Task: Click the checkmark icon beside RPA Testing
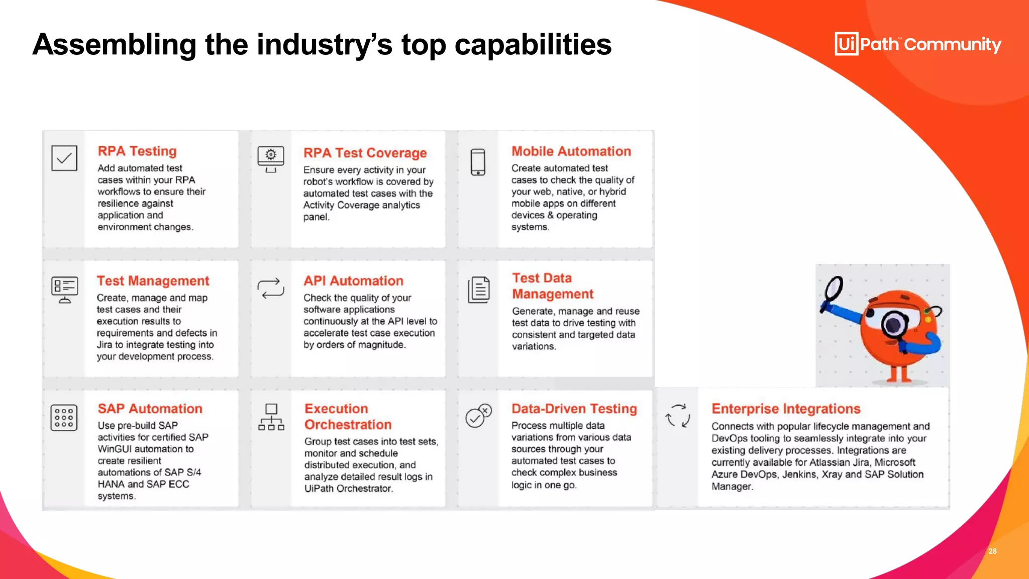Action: (x=64, y=158)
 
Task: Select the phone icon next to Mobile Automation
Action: (x=478, y=162)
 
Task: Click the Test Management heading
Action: (x=153, y=280)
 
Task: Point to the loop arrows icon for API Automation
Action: (x=271, y=288)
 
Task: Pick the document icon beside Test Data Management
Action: (x=479, y=290)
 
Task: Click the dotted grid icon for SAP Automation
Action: (x=64, y=418)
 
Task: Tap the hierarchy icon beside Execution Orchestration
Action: (x=271, y=417)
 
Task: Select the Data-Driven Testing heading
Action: (x=574, y=409)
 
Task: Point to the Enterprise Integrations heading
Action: (x=786, y=409)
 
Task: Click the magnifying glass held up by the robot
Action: (x=834, y=288)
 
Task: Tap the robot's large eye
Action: (x=894, y=324)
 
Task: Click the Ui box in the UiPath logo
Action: (x=846, y=44)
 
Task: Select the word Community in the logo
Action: (x=953, y=44)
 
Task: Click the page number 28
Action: (x=992, y=551)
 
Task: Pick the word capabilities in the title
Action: (x=533, y=44)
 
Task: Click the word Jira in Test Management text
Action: (x=105, y=345)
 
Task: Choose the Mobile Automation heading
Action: (x=571, y=151)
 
